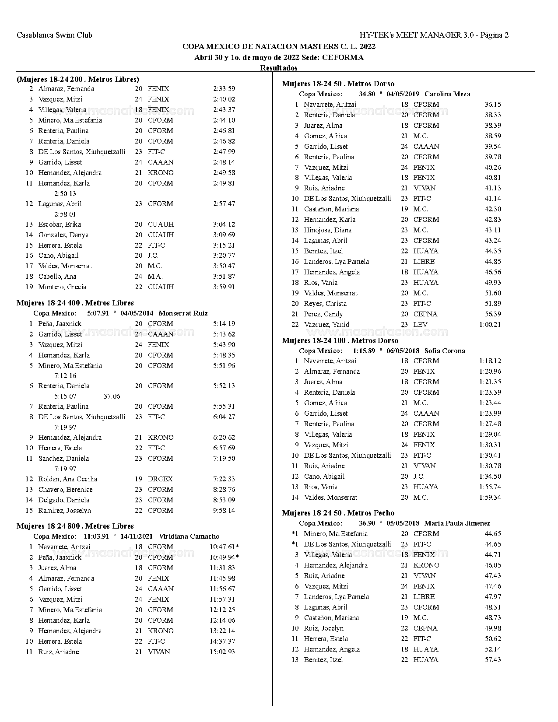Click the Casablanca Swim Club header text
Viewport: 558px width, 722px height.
coord(54,35)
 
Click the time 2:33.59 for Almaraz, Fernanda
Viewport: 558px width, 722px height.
coord(224,89)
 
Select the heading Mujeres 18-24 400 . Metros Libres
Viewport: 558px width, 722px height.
coord(75,303)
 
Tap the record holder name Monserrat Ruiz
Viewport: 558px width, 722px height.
coord(183,313)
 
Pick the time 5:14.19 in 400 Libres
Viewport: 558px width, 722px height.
coord(224,324)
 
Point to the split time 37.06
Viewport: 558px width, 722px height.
coord(112,396)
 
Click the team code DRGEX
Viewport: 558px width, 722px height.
coord(160,479)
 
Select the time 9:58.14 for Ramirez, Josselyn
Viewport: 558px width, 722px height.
coord(224,511)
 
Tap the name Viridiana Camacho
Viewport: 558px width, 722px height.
coord(189,536)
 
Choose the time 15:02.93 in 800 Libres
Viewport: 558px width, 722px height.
coord(222,652)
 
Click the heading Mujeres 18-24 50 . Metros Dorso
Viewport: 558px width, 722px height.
coord(338,84)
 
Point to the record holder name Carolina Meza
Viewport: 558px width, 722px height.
coord(447,94)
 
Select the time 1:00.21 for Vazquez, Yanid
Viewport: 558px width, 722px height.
coord(490,325)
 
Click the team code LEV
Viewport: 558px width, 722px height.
coord(420,325)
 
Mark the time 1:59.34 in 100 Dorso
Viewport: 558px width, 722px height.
coord(490,498)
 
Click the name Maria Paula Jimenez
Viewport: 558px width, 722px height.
coord(457,523)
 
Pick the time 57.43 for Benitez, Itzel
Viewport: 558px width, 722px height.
coord(493,660)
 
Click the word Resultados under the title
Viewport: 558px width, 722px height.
coord(279,68)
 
